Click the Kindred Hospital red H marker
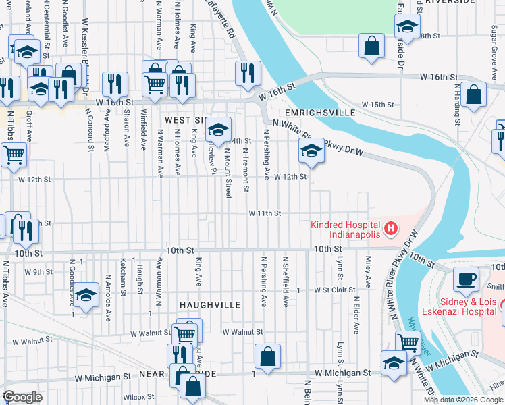(x=390, y=230)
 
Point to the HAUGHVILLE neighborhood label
(x=210, y=305)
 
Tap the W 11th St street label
(x=265, y=213)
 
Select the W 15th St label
(x=377, y=105)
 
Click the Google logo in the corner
(x=22, y=397)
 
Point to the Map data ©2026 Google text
(x=462, y=400)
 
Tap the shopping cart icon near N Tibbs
(x=14, y=155)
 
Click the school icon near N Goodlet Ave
(x=86, y=294)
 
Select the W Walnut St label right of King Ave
(x=242, y=332)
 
